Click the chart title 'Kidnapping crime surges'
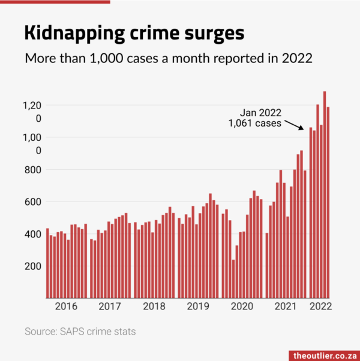pos(134,32)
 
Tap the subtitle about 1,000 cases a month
pos(169,59)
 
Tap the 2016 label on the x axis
pos(66,306)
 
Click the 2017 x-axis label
pos(109,306)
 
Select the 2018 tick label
pos(154,306)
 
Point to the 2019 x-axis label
pos(197,306)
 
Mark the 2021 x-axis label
pos(286,306)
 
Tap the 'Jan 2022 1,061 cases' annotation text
pos(255,118)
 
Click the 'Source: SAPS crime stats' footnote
pos(80,331)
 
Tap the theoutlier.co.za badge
pos(325,355)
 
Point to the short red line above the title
pos(55,2)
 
